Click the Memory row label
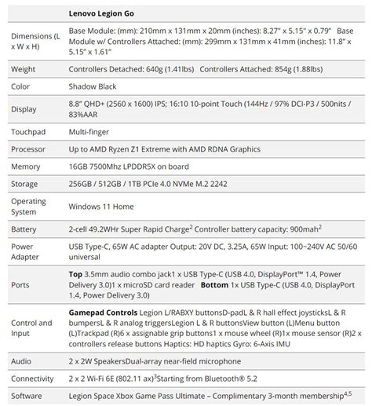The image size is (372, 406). (27, 166)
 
